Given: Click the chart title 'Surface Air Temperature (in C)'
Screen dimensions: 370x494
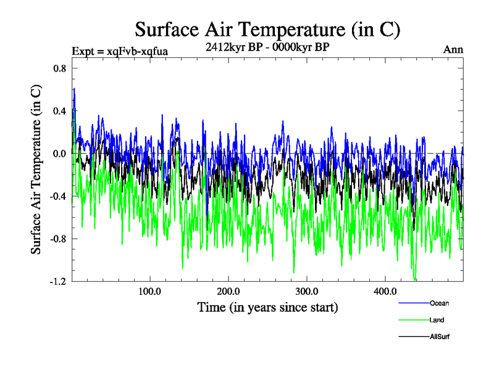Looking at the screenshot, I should click(x=267, y=29).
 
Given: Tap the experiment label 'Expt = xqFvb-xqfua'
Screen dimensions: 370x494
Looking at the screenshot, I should click(x=120, y=51).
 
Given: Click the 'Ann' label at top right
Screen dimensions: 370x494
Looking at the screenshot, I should click(x=453, y=50).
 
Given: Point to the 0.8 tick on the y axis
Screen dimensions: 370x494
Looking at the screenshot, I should click(x=59, y=68).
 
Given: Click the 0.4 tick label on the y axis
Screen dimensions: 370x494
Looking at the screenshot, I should click(x=59, y=111).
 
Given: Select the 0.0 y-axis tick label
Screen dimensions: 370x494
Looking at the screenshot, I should click(x=59, y=154).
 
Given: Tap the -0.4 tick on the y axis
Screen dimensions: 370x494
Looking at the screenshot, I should click(x=58, y=196).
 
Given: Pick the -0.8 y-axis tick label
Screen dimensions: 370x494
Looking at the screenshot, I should click(x=58, y=239).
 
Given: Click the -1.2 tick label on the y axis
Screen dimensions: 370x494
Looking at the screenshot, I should click(x=58, y=281).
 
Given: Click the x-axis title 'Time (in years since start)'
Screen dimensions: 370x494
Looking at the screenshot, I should click(x=267, y=307).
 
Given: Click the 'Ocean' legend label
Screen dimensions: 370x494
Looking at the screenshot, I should click(x=439, y=303).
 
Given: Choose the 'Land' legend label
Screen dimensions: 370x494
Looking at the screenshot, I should click(x=437, y=320).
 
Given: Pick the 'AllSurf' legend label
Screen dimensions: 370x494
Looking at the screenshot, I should click(x=440, y=337).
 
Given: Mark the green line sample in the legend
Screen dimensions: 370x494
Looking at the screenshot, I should click(x=413, y=319).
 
